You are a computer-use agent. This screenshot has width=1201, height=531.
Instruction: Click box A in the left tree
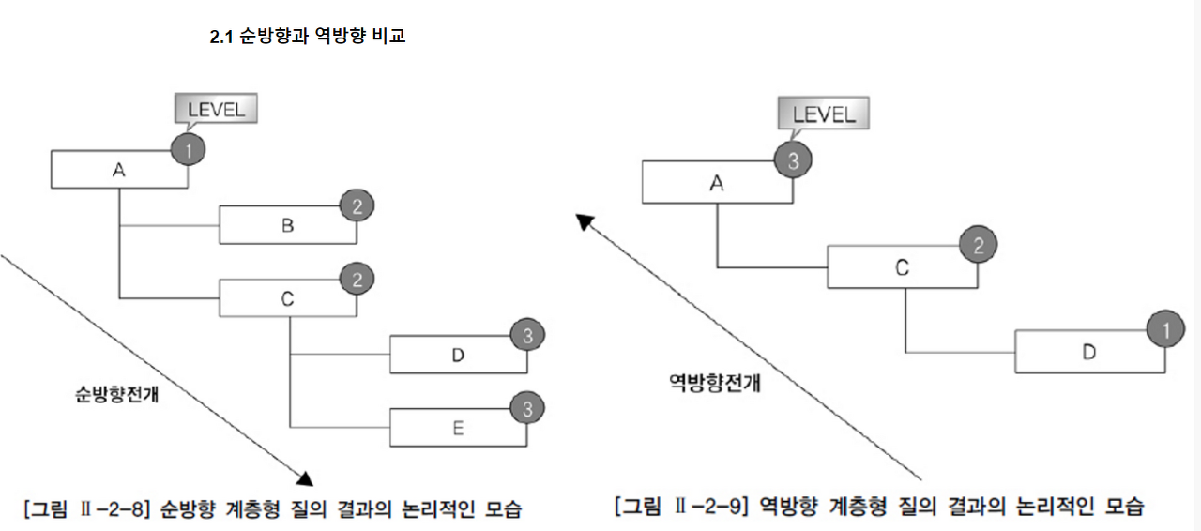[118, 170]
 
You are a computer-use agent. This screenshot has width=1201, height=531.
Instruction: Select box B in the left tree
[287, 225]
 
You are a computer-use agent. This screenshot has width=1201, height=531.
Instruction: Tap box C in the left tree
[287, 298]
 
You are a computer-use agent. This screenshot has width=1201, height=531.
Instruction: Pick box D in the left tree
[458, 355]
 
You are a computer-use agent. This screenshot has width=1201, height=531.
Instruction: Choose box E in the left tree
[458, 428]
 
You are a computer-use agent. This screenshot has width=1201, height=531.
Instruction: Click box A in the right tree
[717, 183]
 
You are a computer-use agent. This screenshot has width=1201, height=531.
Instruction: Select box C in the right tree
[902, 268]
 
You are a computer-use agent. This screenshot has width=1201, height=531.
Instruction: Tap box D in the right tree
[1088, 352]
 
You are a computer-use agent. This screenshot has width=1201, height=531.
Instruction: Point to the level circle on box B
[357, 205]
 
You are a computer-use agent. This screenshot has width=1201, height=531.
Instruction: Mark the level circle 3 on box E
[527, 409]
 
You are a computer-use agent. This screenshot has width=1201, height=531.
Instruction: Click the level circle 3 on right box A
[793, 160]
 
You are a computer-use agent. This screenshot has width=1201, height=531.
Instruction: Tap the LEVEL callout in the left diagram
[215, 109]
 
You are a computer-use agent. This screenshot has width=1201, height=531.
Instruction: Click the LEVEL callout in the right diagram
[823, 114]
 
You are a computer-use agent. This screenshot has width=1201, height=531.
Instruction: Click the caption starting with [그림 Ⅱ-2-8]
[271, 509]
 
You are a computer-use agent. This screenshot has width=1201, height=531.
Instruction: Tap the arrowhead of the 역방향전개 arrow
[585, 221]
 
